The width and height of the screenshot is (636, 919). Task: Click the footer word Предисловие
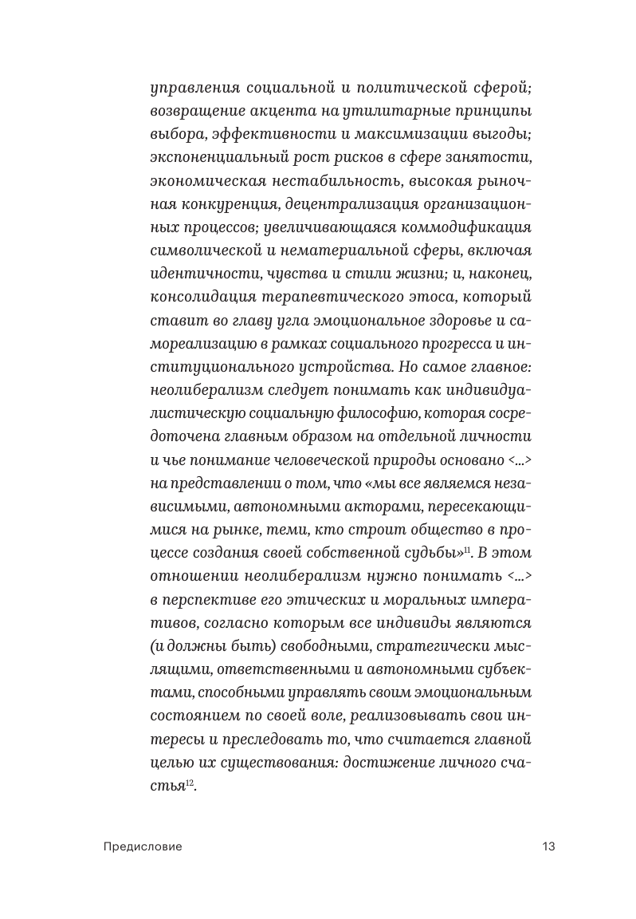click(143, 846)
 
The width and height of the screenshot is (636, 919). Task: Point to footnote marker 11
click(469, 548)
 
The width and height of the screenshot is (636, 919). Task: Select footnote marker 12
click(190, 784)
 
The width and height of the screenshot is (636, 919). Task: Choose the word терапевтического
click(342, 298)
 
